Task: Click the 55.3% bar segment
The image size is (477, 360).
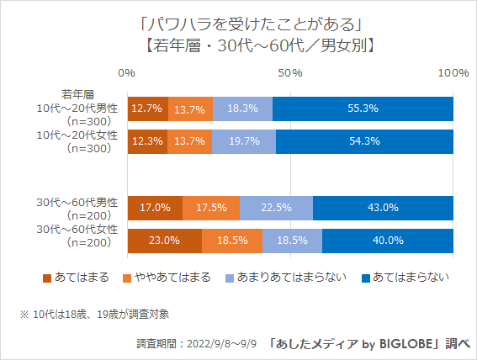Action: (363, 109)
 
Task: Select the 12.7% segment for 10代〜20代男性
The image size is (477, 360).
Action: (147, 109)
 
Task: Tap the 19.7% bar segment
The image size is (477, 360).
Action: (243, 140)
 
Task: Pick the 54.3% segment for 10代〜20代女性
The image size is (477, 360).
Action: (364, 140)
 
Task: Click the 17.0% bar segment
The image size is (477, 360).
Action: (155, 208)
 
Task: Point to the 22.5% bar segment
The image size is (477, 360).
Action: (276, 208)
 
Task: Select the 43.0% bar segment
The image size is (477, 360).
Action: (383, 208)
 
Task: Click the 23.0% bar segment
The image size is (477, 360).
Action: (164, 240)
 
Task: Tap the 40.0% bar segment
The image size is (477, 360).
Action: (388, 240)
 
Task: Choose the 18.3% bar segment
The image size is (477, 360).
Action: (242, 109)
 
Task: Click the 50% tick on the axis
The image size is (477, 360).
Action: (290, 73)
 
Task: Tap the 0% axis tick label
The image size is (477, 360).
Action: (127, 73)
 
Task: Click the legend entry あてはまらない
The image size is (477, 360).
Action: (404, 277)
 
